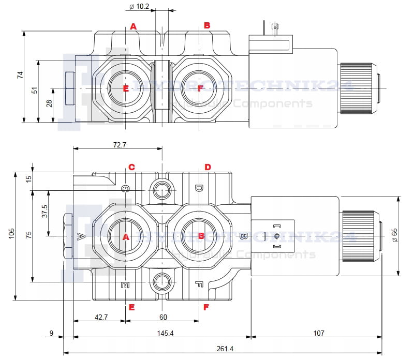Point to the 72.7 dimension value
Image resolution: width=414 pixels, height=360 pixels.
point(119,145)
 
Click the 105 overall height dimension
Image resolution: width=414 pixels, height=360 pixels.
point(12,234)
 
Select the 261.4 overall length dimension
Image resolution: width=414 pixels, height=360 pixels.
point(224,349)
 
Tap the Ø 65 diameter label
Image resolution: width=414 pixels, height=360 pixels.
point(395,235)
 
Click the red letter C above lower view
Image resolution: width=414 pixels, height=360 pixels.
point(131,167)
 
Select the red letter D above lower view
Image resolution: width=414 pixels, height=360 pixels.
point(207,167)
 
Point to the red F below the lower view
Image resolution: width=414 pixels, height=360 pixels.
point(206,307)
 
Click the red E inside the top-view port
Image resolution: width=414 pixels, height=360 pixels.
point(126,88)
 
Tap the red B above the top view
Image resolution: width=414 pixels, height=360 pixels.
point(207,25)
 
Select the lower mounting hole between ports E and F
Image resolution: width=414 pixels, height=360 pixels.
point(162,282)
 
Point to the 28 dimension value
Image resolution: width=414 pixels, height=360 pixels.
point(49,103)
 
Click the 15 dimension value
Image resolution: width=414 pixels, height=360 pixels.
point(29,178)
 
